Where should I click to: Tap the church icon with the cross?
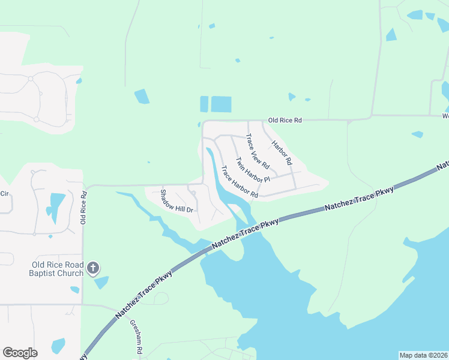(x=93, y=268)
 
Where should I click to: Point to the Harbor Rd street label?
(x=281, y=153)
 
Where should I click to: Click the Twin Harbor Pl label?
(x=253, y=170)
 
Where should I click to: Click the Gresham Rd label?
(x=136, y=337)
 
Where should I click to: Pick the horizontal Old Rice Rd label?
(x=285, y=121)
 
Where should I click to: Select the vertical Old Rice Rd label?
(x=85, y=208)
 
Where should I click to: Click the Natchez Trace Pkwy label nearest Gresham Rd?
(x=144, y=292)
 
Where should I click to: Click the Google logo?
(x=20, y=353)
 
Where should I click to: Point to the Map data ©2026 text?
(x=423, y=355)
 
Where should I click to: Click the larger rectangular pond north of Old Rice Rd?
(x=221, y=104)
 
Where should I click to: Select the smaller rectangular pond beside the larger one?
(x=204, y=104)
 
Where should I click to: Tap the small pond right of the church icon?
(x=102, y=281)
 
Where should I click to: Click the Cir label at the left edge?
(x=5, y=194)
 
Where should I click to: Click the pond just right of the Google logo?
(x=58, y=346)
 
